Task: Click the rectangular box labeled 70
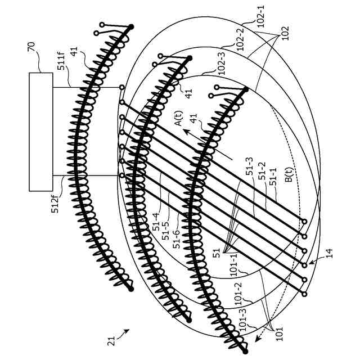pyautogui.click(x=41, y=132)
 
